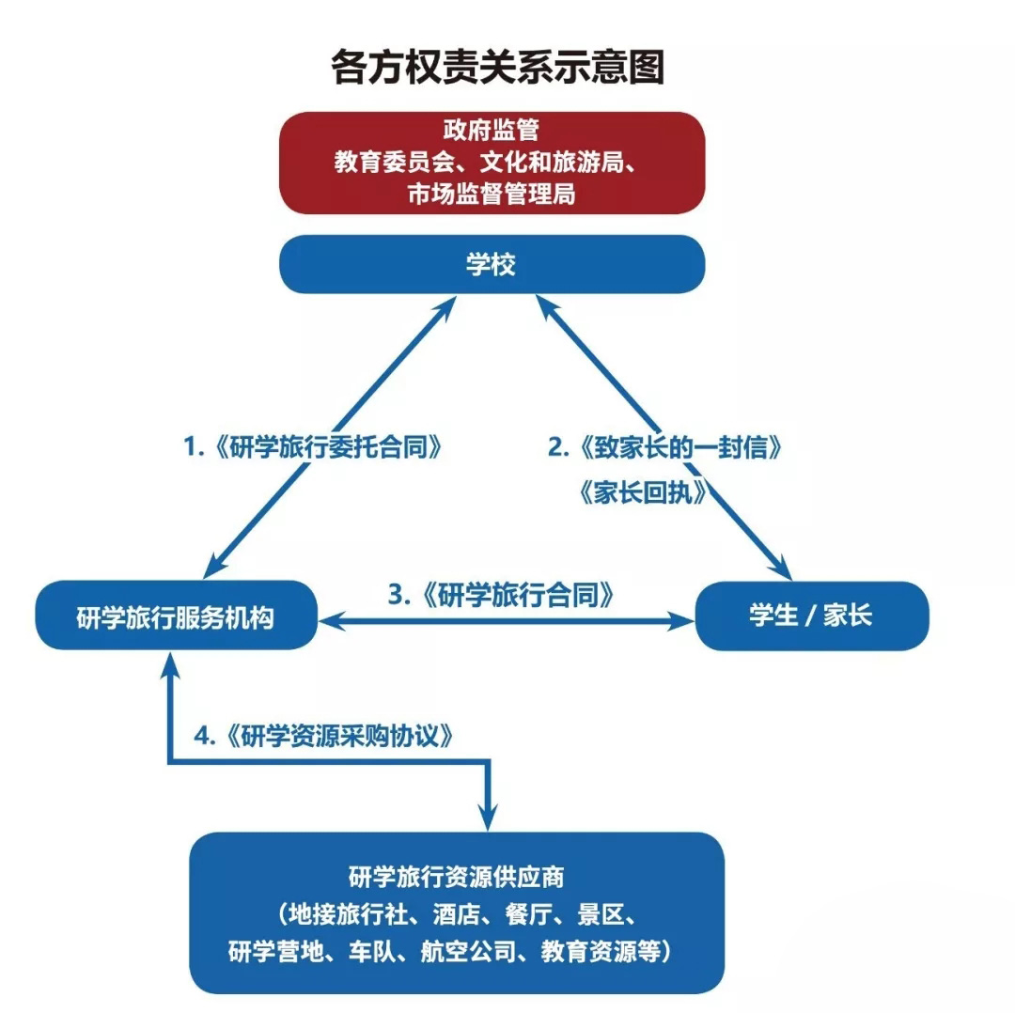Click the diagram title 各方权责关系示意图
click(x=498, y=68)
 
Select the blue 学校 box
click(x=492, y=265)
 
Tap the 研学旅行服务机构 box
click(x=176, y=616)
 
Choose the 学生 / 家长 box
click(x=811, y=616)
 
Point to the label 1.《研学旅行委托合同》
click(x=313, y=447)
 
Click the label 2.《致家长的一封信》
click(x=665, y=447)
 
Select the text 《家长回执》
click(x=645, y=493)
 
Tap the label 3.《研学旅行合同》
click(x=504, y=595)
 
